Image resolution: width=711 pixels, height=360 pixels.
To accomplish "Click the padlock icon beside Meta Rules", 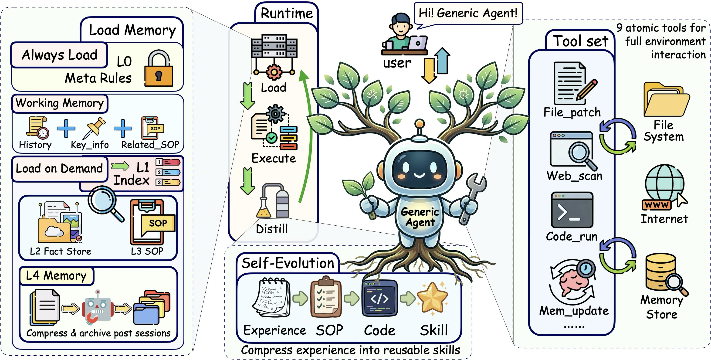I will coord(159,69).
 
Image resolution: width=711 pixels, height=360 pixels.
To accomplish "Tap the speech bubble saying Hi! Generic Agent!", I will coord(468,13).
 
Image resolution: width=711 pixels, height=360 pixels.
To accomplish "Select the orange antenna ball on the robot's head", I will coord(420,123).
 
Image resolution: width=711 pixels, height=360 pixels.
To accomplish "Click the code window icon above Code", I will coord(379,298).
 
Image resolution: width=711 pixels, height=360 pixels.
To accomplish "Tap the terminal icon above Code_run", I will coord(572,210).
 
